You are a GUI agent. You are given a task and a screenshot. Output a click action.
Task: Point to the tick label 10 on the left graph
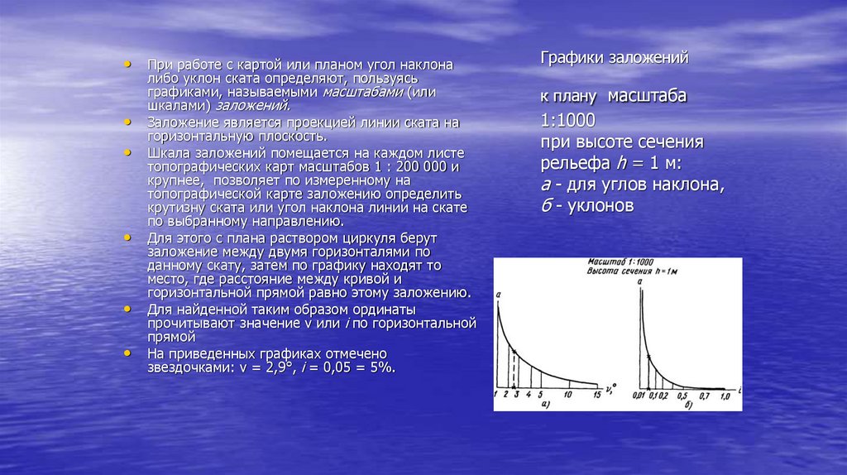pyautogui.click(x=567, y=395)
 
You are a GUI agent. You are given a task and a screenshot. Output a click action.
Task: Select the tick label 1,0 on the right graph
pyautogui.click(x=725, y=396)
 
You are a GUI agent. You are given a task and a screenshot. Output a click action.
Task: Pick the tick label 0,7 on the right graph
pyautogui.click(x=705, y=396)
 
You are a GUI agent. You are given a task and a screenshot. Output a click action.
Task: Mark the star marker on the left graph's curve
pyautogui.click(x=514, y=353)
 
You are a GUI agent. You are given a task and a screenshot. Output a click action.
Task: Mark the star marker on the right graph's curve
pyautogui.click(x=649, y=357)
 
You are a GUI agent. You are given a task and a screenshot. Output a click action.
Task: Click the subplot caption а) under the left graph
pyautogui.click(x=545, y=405)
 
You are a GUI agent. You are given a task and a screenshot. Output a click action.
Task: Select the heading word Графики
pyautogui.click(x=570, y=59)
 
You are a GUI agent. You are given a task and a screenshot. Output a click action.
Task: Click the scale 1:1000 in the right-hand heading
pyautogui.click(x=570, y=118)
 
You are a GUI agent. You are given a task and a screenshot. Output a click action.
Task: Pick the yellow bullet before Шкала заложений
pyautogui.click(x=127, y=153)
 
